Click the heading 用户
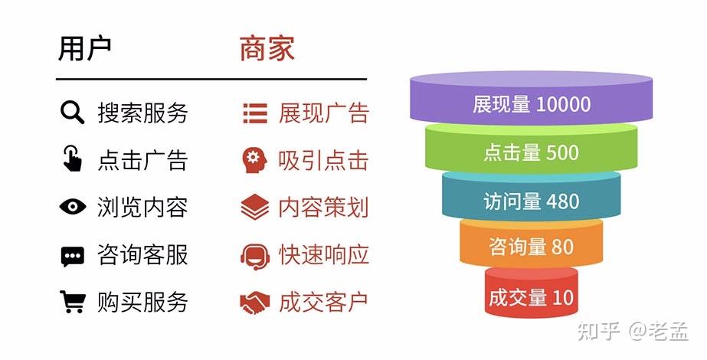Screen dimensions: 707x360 (x=85, y=48)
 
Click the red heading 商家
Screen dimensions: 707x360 (x=267, y=48)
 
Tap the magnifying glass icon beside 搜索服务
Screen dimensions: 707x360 (x=72, y=113)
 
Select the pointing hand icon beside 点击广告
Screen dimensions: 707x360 (x=72, y=159)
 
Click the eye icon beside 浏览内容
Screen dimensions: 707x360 (x=72, y=207)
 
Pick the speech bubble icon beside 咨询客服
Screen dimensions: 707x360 (x=72, y=255)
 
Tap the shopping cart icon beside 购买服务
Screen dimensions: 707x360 (x=72, y=302)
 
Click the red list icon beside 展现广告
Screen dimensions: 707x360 (x=254, y=113)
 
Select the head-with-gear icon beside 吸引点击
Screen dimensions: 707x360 (x=254, y=160)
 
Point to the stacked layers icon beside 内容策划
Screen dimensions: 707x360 (x=254, y=207)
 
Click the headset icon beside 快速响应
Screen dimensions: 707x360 (x=254, y=255)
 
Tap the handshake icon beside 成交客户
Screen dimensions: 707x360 (x=254, y=302)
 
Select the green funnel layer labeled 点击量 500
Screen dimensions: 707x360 (x=531, y=152)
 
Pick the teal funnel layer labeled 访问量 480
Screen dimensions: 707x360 (x=531, y=201)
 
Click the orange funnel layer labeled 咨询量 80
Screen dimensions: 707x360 (x=531, y=247)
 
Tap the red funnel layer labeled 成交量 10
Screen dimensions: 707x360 (x=531, y=296)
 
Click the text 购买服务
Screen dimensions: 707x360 (x=142, y=302)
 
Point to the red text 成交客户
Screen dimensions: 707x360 (x=323, y=302)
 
